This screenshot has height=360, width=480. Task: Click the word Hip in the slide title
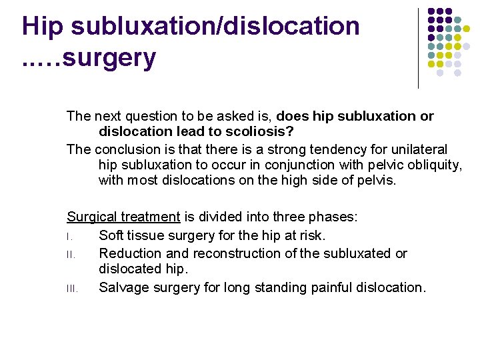(x=44, y=27)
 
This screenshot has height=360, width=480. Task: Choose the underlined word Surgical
(x=91, y=217)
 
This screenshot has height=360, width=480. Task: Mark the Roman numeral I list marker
(x=69, y=236)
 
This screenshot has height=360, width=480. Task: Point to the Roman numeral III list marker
(x=72, y=289)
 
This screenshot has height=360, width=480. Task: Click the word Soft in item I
(x=111, y=235)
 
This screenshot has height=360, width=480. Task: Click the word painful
(x=323, y=288)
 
